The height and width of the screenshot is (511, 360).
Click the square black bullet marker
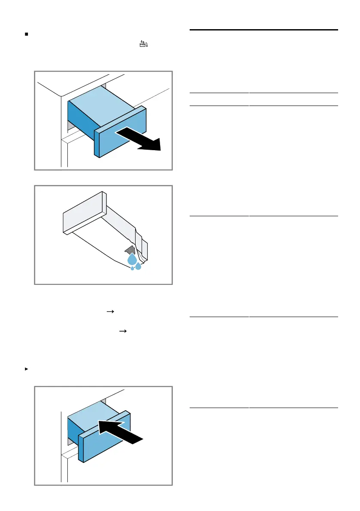pyautogui.click(x=27, y=33)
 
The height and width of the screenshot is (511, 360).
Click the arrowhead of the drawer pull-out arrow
pyautogui.click(x=154, y=144)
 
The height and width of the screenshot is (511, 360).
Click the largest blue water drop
pyautogui.click(x=132, y=259)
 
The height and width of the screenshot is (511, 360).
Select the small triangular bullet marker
pyautogui.click(x=27, y=369)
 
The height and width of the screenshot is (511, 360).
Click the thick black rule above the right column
pyautogui.click(x=263, y=30)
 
